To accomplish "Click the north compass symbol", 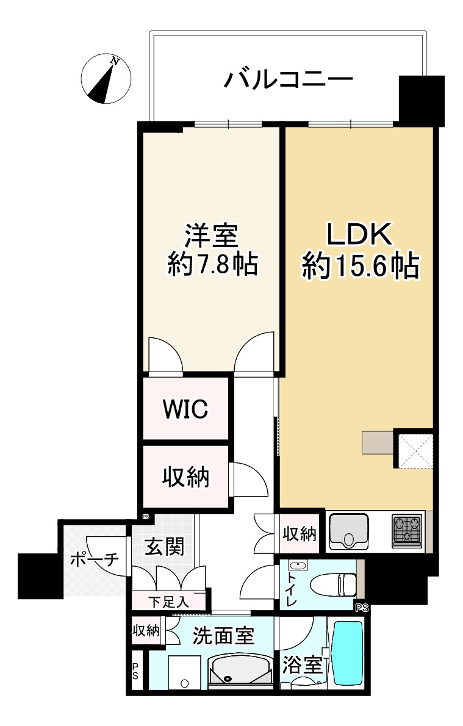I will click(x=106, y=78).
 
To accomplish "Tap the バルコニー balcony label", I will click(x=289, y=79).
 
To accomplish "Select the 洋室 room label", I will click(x=211, y=235).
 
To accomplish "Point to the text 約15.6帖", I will click(x=361, y=266).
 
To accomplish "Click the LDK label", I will click(x=361, y=234).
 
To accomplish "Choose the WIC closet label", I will click(x=185, y=409).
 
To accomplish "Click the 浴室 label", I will click(x=302, y=664).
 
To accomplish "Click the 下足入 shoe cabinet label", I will click(x=168, y=601).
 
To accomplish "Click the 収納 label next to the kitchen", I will click(x=300, y=534).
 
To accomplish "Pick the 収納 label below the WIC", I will click(x=185, y=477).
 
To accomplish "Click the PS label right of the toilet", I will click(x=362, y=608).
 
